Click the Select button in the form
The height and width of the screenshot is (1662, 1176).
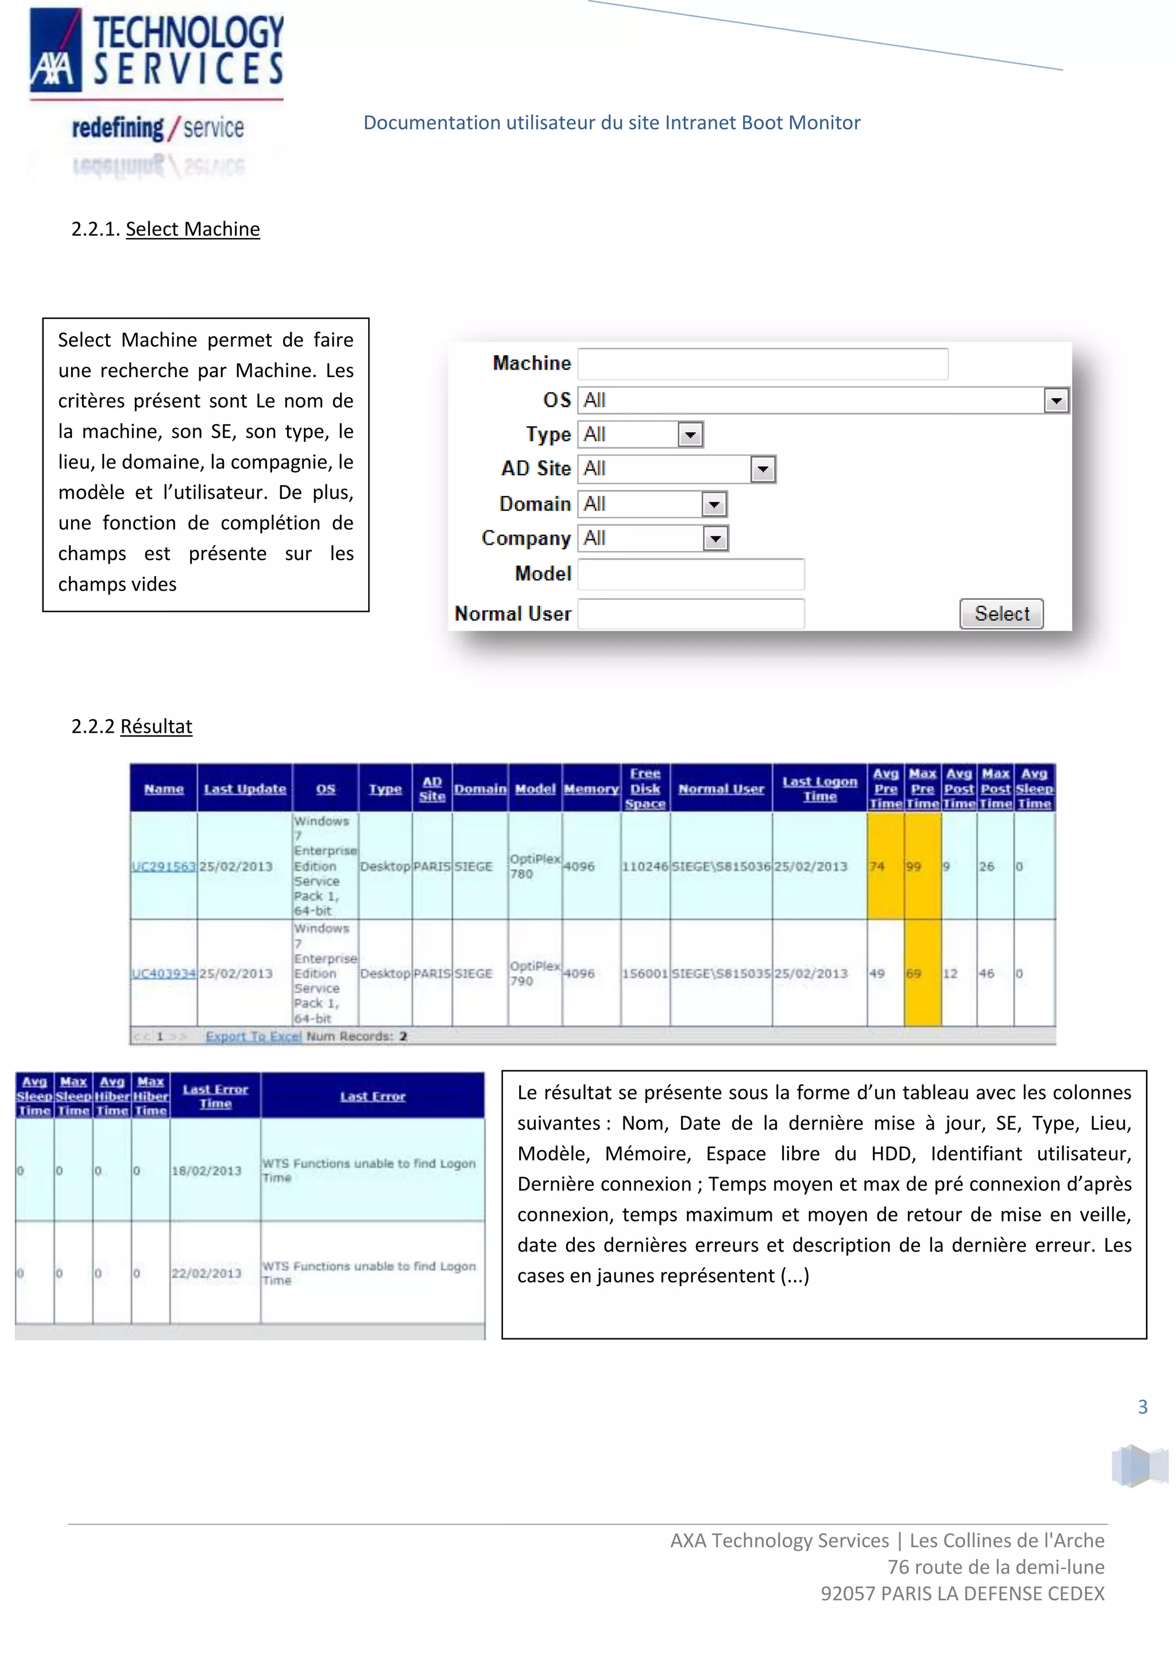click(1001, 614)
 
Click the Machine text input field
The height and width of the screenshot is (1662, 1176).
click(763, 363)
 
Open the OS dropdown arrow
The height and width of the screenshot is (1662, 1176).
click(1056, 401)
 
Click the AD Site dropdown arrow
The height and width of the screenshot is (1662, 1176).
click(762, 469)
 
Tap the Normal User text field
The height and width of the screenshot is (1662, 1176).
click(691, 614)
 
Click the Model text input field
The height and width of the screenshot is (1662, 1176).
click(691, 574)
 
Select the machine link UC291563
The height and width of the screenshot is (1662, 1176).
click(163, 867)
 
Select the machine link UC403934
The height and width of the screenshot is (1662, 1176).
click(163, 973)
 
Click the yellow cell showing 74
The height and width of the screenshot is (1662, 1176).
click(884, 867)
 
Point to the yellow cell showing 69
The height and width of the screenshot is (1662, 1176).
click(921, 973)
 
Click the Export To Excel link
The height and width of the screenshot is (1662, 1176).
click(253, 1036)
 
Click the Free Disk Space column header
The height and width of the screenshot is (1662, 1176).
click(644, 789)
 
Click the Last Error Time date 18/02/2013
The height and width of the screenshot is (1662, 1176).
click(206, 1171)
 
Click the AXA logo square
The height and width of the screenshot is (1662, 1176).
click(55, 49)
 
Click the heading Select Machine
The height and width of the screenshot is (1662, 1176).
click(192, 229)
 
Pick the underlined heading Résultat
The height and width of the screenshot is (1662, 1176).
click(156, 726)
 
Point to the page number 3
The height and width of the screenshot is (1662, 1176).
click(1142, 1407)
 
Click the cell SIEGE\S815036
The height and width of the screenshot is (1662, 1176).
click(721, 867)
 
